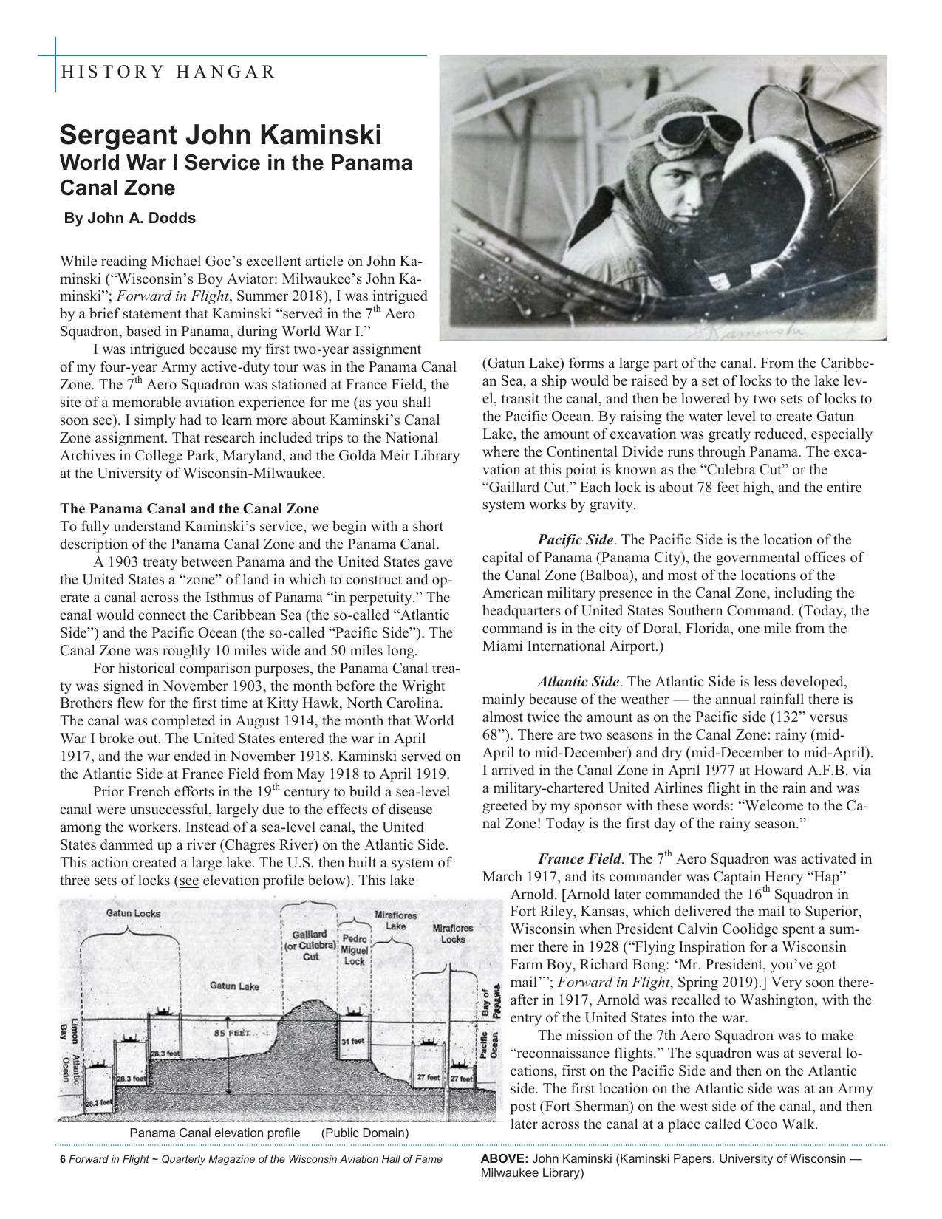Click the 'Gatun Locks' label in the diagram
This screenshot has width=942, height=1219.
(x=133, y=913)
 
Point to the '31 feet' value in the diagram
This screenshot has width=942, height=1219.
(x=353, y=1041)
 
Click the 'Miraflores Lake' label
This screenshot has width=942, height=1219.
(x=396, y=921)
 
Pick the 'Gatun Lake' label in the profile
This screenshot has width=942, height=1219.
(x=234, y=986)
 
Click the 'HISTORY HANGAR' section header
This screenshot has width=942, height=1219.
(x=168, y=72)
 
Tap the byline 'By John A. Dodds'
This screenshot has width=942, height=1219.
(x=130, y=218)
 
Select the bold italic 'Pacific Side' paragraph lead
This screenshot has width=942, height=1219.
(x=574, y=540)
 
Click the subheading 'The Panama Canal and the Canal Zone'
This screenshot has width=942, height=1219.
(x=189, y=509)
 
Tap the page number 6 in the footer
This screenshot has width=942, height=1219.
(x=63, y=1159)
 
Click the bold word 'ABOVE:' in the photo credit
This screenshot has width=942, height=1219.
(x=504, y=1158)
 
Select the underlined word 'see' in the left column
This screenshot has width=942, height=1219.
(x=189, y=881)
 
